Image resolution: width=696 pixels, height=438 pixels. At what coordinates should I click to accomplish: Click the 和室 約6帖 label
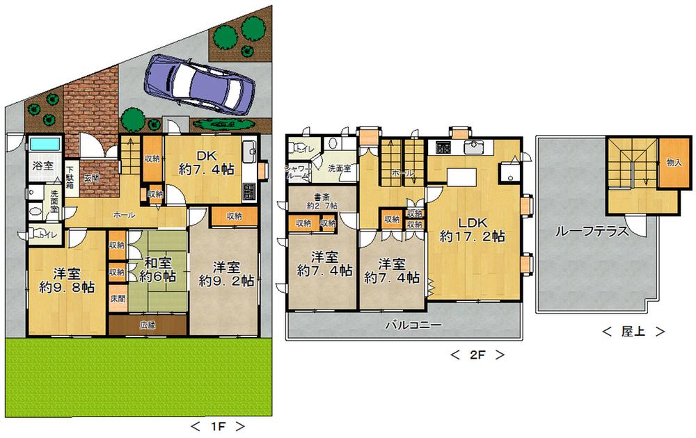pos(159,270)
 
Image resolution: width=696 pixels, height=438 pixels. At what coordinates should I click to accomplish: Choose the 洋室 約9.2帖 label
pos(226,274)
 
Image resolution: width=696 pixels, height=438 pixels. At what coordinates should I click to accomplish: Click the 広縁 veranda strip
pos(147,325)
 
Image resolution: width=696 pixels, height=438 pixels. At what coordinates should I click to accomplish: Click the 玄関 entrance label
pos(92,179)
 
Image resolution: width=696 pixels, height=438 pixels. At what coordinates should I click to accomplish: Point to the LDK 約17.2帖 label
pos(472,229)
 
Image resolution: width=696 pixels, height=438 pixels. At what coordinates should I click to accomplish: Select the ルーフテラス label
pos(592,232)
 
